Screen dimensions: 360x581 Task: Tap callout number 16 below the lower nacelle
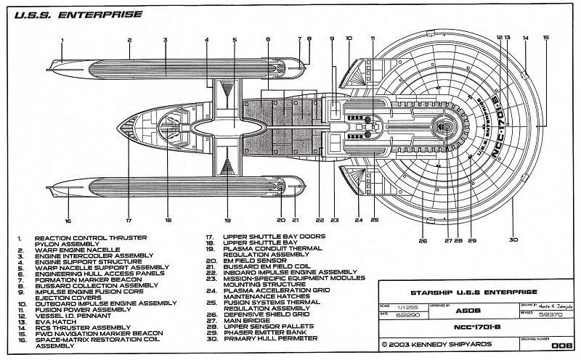point(68,221)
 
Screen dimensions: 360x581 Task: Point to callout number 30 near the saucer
point(513,240)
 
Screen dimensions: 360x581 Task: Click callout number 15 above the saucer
point(546,37)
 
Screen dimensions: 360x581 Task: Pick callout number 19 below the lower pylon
point(227,221)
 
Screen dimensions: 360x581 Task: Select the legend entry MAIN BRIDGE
point(246,319)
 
